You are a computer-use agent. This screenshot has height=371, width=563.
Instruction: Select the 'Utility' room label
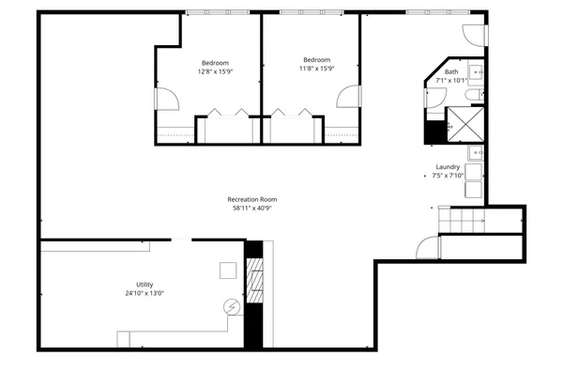click(x=144, y=285)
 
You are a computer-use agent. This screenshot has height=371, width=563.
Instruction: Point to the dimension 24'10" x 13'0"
click(x=144, y=293)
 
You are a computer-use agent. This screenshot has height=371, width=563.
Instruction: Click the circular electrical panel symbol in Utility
click(x=231, y=306)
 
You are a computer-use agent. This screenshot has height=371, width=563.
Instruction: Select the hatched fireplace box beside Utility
click(x=253, y=280)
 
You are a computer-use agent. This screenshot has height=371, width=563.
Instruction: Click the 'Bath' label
click(x=451, y=72)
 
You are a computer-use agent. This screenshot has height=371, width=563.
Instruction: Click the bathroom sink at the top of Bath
click(x=476, y=71)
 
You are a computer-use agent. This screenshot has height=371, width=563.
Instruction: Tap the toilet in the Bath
click(x=474, y=92)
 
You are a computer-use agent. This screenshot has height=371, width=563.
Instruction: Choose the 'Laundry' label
click(x=447, y=167)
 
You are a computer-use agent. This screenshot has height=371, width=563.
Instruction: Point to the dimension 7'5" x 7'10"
click(x=449, y=176)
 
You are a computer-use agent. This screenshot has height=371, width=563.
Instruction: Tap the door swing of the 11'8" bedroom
click(x=350, y=98)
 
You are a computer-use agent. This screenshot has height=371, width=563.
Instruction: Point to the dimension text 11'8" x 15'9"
click(x=316, y=68)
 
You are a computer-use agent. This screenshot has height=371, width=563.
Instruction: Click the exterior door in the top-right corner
click(x=477, y=32)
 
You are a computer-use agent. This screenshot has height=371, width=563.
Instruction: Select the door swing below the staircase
click(x=429, y=249)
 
